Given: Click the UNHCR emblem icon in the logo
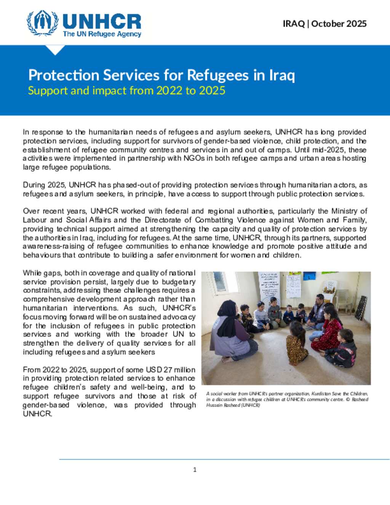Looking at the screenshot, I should (42, 23).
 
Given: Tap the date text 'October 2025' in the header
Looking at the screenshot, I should (339, 24).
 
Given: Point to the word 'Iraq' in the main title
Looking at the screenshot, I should (282, 75).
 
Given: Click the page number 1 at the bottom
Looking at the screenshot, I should (195, 470).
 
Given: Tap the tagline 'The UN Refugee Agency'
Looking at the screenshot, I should (102, 34).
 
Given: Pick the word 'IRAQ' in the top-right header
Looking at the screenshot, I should (294, 24).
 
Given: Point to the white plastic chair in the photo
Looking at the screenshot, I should (343, 293).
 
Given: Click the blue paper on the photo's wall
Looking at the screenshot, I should (309, 275).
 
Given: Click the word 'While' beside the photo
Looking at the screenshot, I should (32, 273).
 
